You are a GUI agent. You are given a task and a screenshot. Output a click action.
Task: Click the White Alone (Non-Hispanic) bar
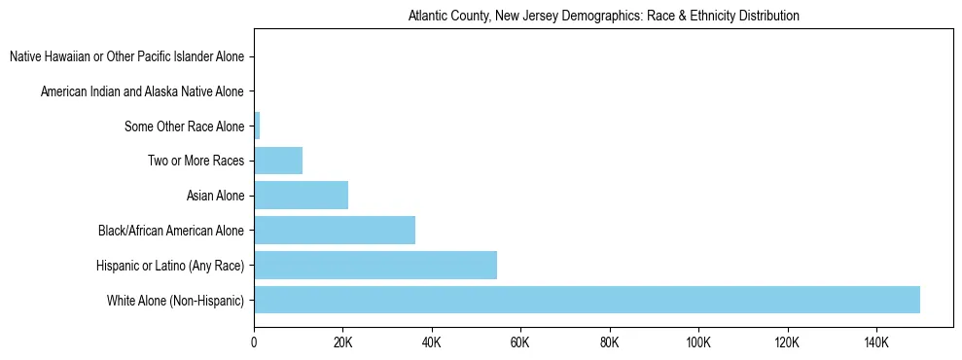(x=587, y=300)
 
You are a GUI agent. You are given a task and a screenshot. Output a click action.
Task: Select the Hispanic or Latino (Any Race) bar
(x=375, y=265)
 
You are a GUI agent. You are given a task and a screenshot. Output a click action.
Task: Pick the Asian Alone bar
(x=301, y=196)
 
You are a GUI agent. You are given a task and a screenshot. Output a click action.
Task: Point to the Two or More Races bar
(x=278, y=161)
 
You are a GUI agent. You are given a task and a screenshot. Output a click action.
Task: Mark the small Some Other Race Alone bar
(x=257, y=126)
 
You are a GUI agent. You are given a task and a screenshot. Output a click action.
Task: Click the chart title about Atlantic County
(x=603, y=17)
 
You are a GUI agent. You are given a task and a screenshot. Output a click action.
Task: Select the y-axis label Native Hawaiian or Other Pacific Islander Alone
(x=127, y=57)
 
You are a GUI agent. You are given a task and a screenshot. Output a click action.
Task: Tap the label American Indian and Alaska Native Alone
(x=143, y=92)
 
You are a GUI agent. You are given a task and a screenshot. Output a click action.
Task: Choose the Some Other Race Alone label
(x=185, y=126)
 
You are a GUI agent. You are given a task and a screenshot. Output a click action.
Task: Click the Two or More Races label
(x=196, y=162)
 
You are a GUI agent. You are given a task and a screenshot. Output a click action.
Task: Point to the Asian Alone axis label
(x=215, y=197)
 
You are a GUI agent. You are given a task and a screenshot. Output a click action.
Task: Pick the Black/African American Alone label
(x=171, y=231)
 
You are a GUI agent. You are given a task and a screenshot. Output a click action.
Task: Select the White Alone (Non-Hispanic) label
(x=176, y=301)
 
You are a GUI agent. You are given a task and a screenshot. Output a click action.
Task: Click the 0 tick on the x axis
(x=254, y=342)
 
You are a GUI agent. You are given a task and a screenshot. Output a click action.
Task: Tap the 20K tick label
(x=342, y=342)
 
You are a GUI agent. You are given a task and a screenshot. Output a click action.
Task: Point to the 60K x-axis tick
(x=520, y=342)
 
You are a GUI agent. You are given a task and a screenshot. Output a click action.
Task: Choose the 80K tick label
(x=610, y=342)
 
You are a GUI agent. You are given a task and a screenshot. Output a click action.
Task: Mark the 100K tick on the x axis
(x=698, y=342)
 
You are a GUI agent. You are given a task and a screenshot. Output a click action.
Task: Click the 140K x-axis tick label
(x=876, y=342)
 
